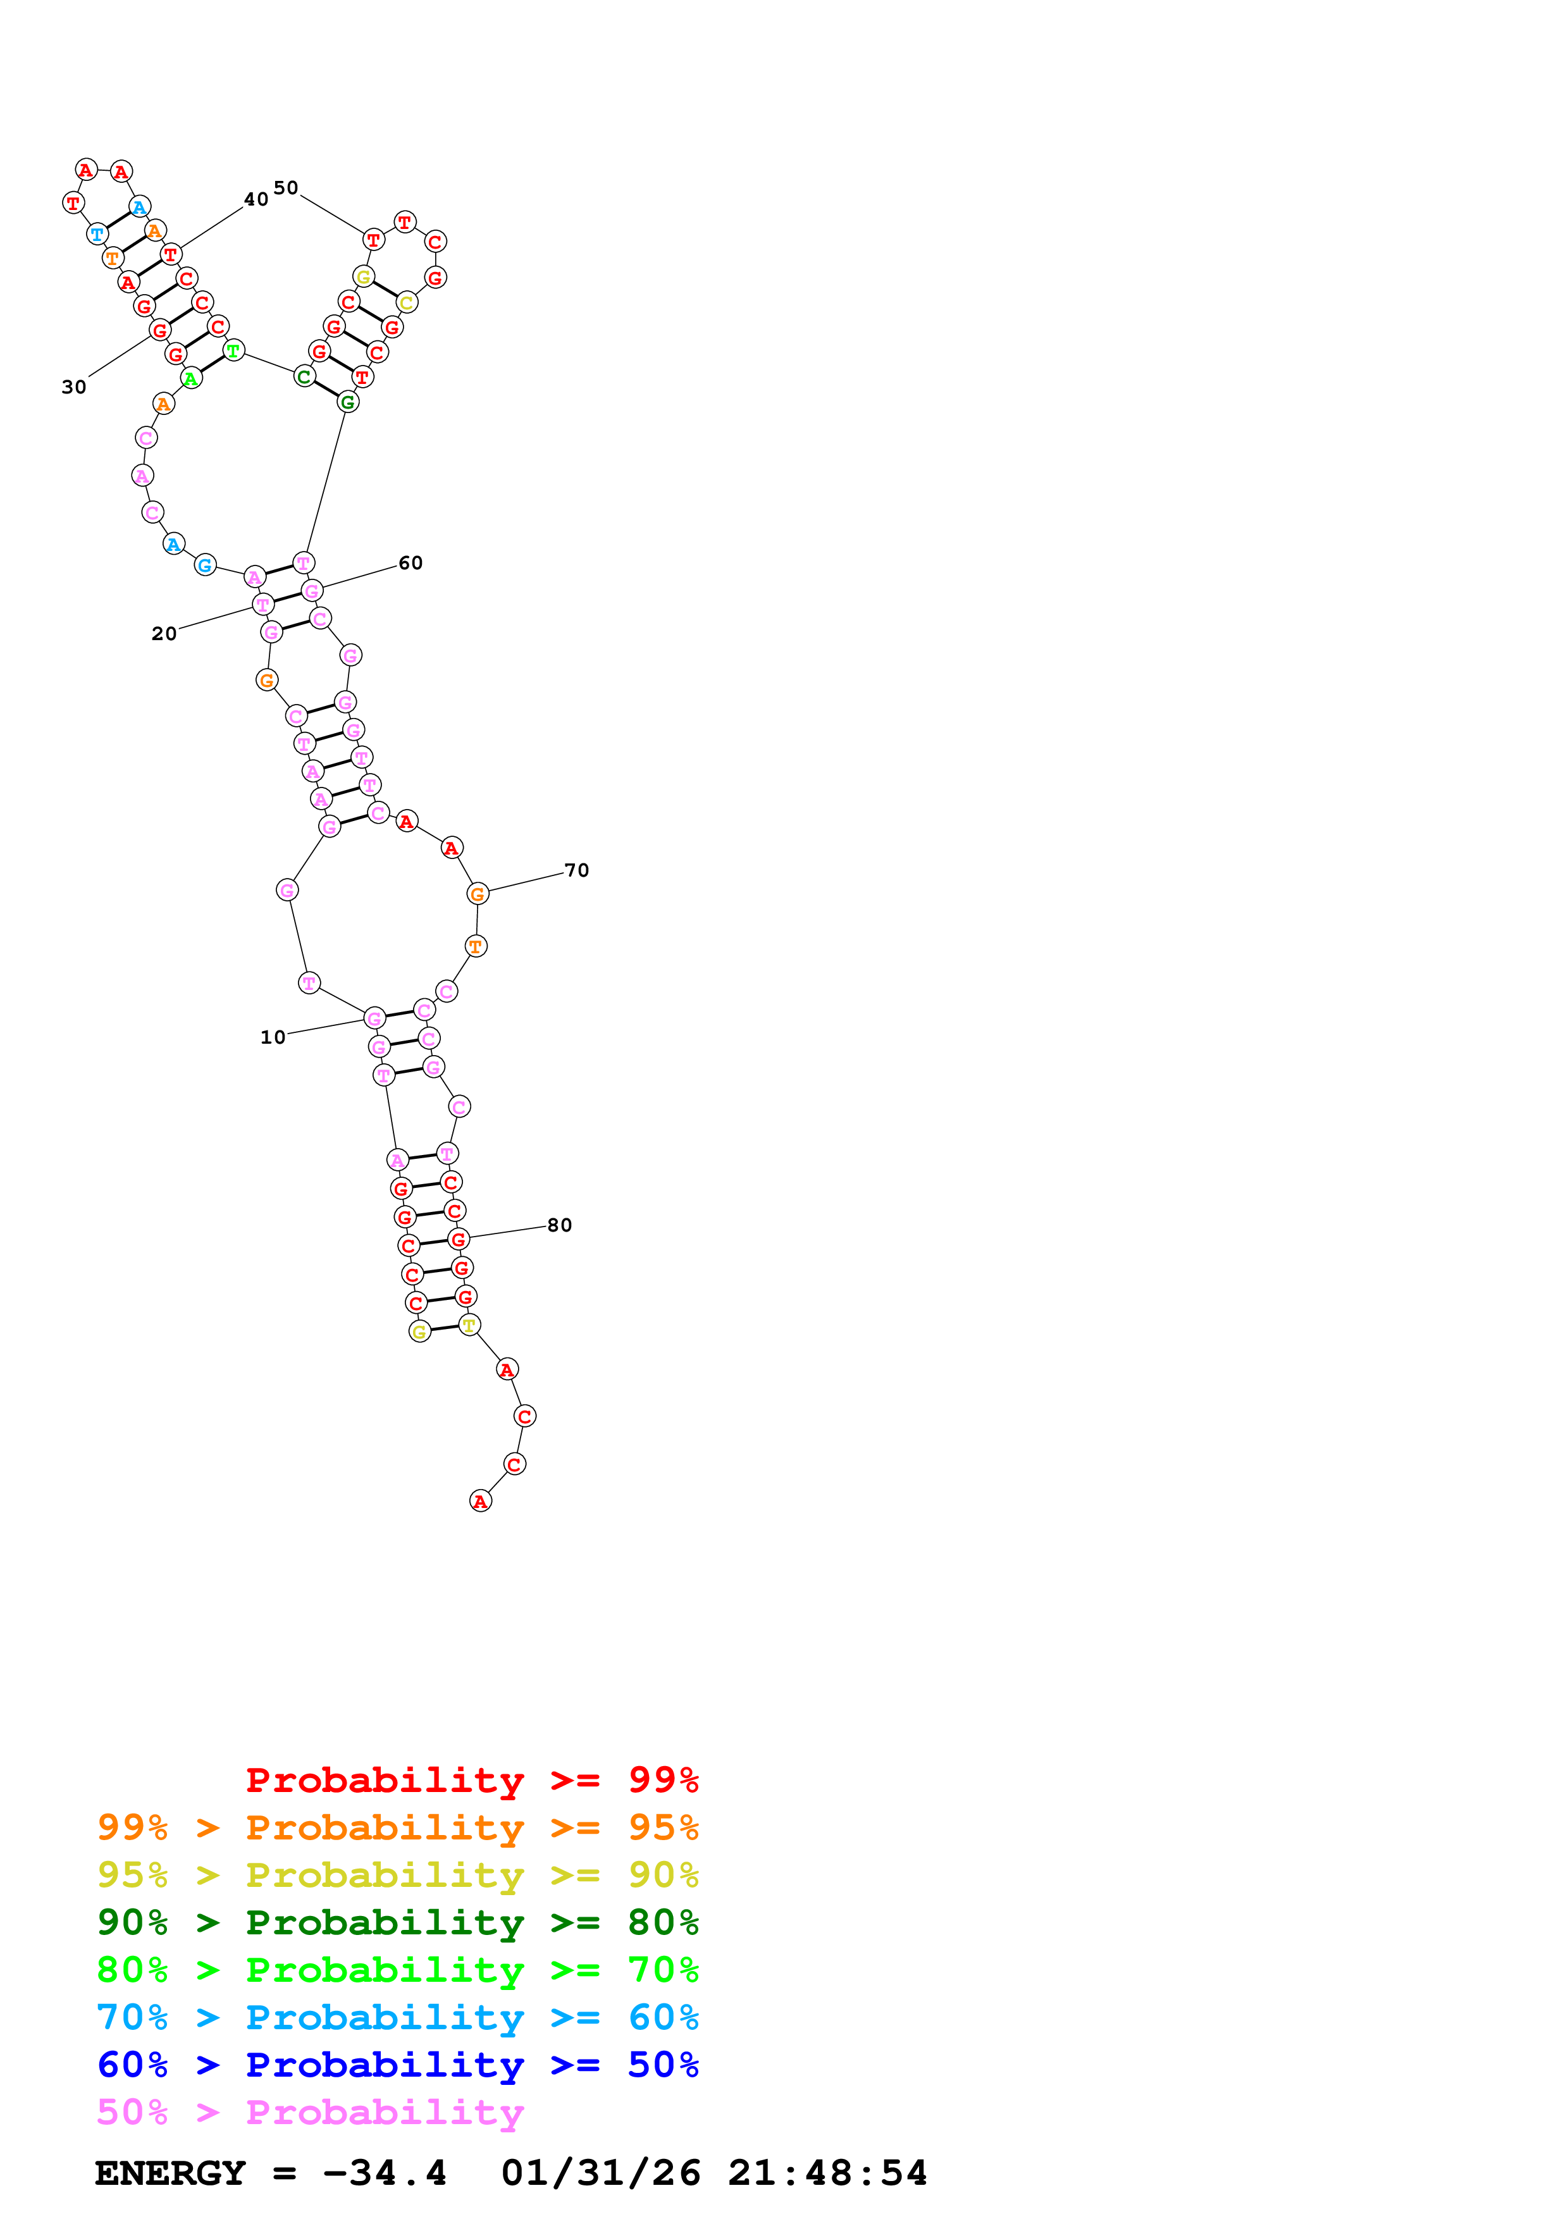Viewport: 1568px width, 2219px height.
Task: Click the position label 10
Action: pyautogui.click(x=273, y=1037)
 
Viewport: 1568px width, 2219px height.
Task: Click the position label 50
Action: pyautogui.click(x=286, y=187)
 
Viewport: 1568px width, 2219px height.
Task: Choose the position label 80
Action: pyautogui.click(x=559, y=1225)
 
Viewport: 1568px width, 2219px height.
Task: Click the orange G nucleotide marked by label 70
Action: pyautogui.click(x=478, y=894)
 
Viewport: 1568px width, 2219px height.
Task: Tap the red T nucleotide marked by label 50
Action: pyautogui.click(x=374, y=240)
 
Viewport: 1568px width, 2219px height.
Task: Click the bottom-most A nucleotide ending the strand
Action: pyautogui.click(x=480, y=1501)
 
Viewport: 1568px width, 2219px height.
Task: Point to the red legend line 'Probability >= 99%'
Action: pyautogui.click(x=471, y=1779)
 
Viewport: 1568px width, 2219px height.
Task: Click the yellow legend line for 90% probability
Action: pyautogui.click(x=397, y=1875)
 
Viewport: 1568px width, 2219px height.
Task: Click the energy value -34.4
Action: pyautogui.click(x=385, y=2173)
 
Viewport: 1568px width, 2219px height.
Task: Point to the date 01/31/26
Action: pyautogui.click(x=600, y=2173)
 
